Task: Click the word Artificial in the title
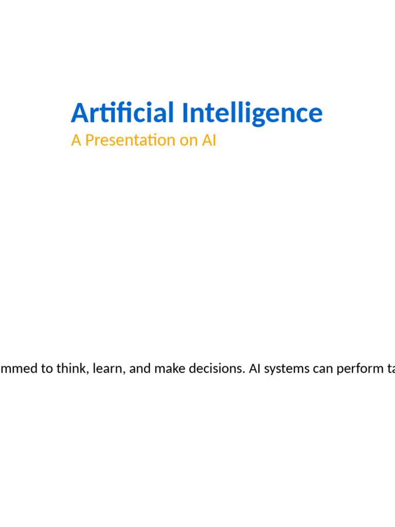pyautogui.click(x=122, y=113)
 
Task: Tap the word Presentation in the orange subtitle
pyautogui.click(x=131, y=140)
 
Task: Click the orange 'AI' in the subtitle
pyautogui.click(x=209, y=140)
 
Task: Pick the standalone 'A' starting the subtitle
pyautogui.click(x=76, y=140)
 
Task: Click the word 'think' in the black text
pyautogui.click(x=71, y=370)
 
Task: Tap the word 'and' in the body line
pyautogui.click(x=139, y=370)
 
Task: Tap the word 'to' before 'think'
pyautogui.click(x=47, y=370)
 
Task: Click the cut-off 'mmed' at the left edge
pyautogui.click(x=19, y=370)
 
